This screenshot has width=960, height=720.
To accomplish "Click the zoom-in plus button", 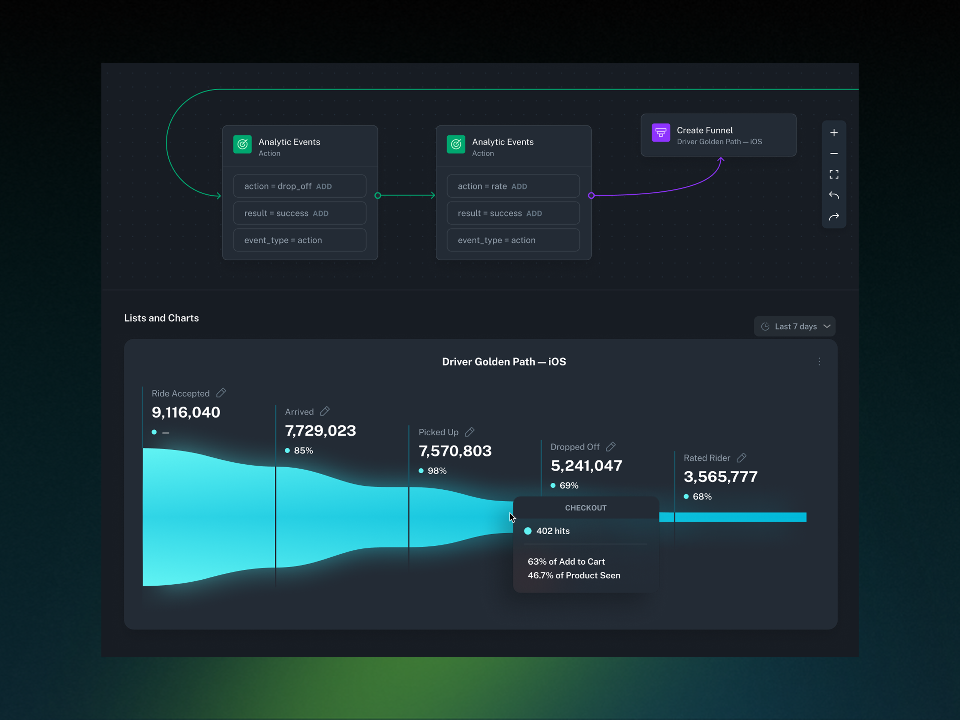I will (x=834, y=133).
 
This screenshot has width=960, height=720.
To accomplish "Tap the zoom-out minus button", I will (x=834, y=154).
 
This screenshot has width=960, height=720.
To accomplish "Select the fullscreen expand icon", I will (x=834, y=175).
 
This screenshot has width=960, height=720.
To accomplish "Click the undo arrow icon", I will (x=834, y=195).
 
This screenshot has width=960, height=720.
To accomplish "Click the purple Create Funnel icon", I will (x=661, y=133).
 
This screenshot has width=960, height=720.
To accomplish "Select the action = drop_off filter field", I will (x=299, y=186).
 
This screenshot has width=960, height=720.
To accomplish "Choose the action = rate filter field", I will (x=513, y=186).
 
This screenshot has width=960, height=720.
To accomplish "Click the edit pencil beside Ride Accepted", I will (x=221, y=393).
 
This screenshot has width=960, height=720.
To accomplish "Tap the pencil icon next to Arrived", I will (x=325, y=411).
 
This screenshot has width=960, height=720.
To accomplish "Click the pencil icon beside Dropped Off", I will (x=610, y=447).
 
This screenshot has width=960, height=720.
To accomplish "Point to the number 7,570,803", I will (x=455, y=451).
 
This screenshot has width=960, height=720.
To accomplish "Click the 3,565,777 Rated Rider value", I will (x=720, y=476).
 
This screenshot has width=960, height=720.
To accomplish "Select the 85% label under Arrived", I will (x=303, y=451).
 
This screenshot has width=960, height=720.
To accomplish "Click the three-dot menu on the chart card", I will (x=819, y=361).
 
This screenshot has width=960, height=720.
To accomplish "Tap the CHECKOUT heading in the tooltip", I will (x=586, y=508).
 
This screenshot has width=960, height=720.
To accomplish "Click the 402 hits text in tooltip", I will (x=553, y=531).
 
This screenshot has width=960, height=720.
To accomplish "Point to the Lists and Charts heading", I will (x=161, y=318).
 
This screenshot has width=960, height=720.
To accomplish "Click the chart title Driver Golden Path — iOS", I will (x=504, y=361).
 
